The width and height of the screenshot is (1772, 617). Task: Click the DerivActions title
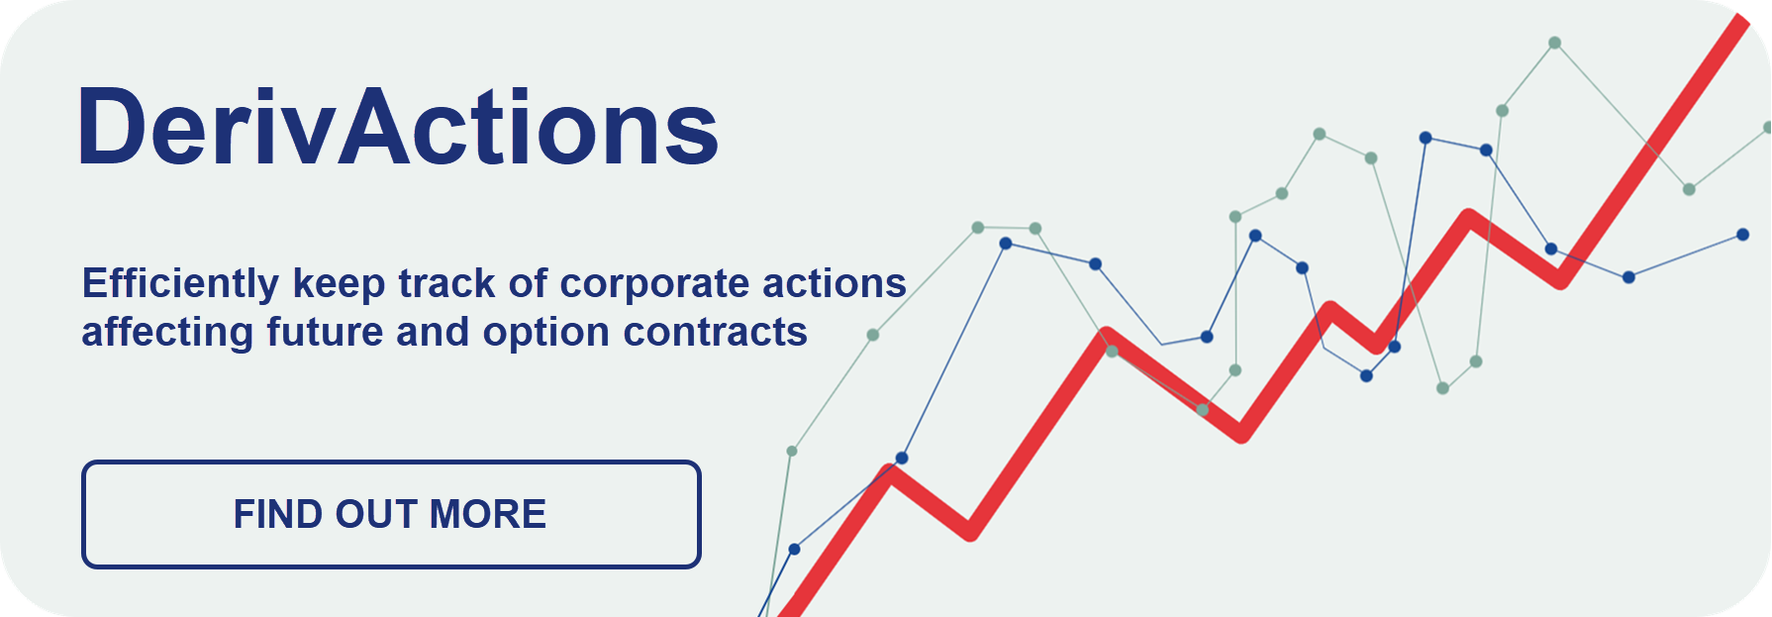(398, 127)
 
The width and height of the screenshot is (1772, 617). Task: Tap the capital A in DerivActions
(373, 127)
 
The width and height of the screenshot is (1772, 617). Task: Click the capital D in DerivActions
(112, 127)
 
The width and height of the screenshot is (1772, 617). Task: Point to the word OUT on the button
(376, 514)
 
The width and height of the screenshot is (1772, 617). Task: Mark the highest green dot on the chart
(1555, 43)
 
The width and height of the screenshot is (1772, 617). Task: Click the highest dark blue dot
(1426, 138)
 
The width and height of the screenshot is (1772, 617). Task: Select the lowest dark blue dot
(794, 549)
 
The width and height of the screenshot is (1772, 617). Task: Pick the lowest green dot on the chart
(792, 452)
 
